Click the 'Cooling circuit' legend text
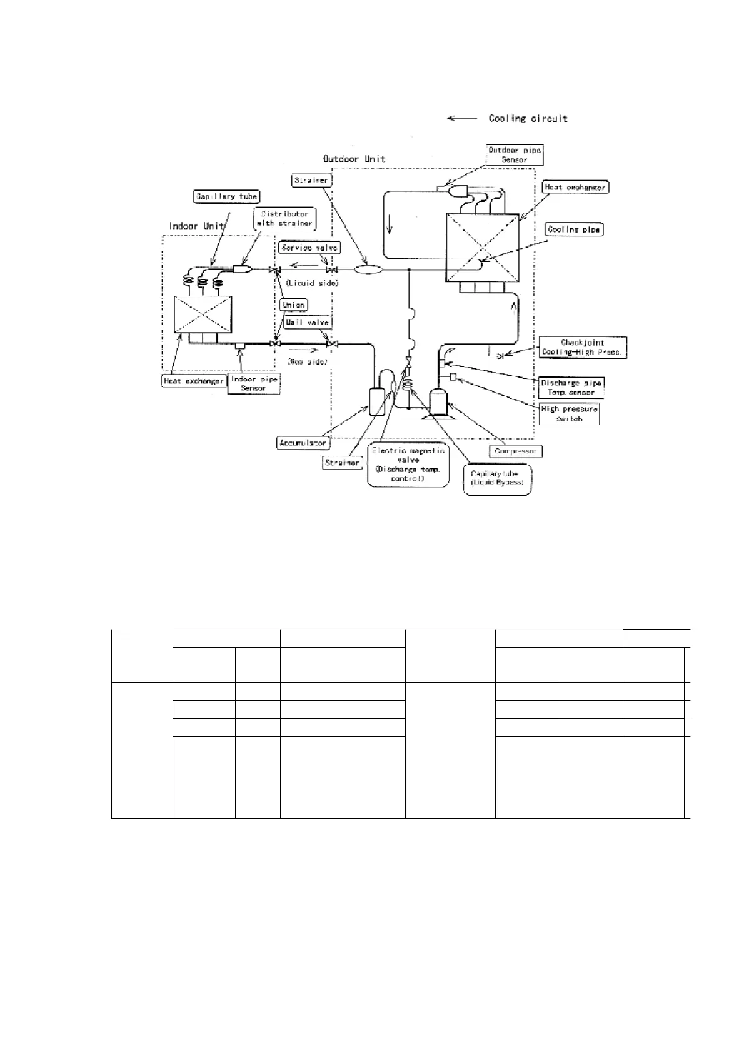528,118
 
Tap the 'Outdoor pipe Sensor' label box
515,155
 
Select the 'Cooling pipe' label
573,229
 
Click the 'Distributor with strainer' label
285,218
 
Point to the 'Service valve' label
310,248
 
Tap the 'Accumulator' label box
303,443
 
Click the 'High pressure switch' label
569,414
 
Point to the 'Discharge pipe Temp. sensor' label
571,388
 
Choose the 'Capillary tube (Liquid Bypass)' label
497,479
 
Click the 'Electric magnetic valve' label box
408,465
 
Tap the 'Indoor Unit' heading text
197,226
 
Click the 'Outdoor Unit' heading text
354,159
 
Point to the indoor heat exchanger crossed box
203,315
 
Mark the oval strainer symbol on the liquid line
368,270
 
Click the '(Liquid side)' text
312,283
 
